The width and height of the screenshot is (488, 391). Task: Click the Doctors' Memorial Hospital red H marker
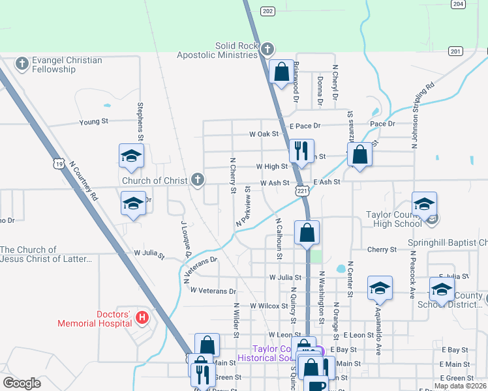[x=142, y=318]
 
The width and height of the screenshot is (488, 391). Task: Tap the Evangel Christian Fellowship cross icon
[x=22, y=64]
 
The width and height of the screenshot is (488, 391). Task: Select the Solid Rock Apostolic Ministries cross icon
[x=267, y=50]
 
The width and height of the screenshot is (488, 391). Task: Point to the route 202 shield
[x=267, y=11]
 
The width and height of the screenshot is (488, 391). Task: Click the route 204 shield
[x=458, y=4]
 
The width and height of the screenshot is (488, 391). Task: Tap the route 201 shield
[x=455, y=51]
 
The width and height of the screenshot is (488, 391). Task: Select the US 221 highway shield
[x=301, y=190]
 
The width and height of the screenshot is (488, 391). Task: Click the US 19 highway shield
[x=59, y=164]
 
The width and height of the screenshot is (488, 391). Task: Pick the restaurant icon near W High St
[x=301, y=151]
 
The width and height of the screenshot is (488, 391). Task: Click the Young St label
[x=93, y=121]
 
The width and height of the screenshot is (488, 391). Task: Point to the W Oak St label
[x=264, y=134]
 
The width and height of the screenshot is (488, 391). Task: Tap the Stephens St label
[x=140, y=121]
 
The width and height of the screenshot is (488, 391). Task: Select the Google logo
[x=22, y=383]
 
